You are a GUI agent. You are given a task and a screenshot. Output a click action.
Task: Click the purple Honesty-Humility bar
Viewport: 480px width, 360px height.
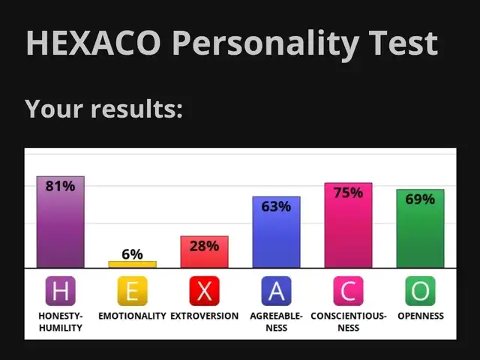(x=61, y=222)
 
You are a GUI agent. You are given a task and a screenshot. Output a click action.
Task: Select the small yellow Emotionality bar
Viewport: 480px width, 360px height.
(x=133, y=265)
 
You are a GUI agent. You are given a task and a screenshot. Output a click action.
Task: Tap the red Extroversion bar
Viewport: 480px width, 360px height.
(x=205, y=252)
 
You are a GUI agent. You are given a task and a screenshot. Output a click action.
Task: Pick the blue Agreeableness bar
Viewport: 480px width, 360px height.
(x=277, y=232)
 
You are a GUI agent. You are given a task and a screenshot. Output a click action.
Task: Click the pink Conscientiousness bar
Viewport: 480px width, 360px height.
(x=348, y=225)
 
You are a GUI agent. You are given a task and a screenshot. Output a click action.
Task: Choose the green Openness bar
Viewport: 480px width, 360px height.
(x=420, y=229)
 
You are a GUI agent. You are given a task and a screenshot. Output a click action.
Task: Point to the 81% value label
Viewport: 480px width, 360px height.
(x=60, y=186)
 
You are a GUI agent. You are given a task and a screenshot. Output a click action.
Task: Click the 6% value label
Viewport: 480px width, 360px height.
(x=132, y=254)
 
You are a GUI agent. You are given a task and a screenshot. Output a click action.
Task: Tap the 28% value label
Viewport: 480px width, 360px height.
(x=204, y=246)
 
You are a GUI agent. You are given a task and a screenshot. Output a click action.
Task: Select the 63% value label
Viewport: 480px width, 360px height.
(x=276, y=207)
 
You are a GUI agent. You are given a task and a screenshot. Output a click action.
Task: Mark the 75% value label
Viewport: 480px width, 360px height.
(x=348, y=193)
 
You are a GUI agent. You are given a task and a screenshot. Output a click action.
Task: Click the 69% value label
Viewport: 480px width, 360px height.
(x=420, y=199)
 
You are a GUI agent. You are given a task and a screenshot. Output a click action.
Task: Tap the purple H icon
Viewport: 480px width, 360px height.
(x=61, y=291)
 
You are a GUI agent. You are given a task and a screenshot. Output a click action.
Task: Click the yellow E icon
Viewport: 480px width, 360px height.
(x=133, y=291)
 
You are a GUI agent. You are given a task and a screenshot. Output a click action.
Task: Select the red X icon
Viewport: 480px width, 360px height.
(x=205, y=291)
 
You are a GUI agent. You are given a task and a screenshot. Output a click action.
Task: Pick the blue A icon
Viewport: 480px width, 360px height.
(x=277, y=291)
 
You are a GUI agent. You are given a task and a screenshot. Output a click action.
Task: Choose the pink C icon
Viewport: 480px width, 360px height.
(x=348, y=291)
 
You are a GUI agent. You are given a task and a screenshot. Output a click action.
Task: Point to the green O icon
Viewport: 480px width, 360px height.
(x=420, y=291)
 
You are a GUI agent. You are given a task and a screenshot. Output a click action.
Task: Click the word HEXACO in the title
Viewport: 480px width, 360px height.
(x=93, y=43)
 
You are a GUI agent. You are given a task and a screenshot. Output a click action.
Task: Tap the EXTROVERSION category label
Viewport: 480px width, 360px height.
(x=205, y=316)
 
